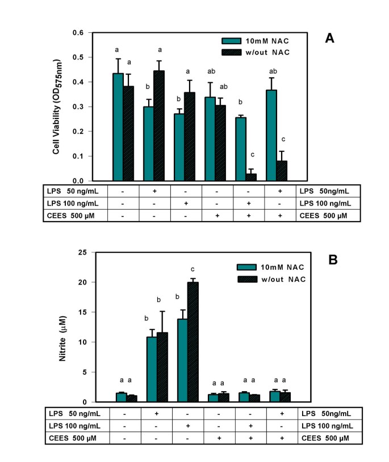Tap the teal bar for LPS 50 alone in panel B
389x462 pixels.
point(152,370)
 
